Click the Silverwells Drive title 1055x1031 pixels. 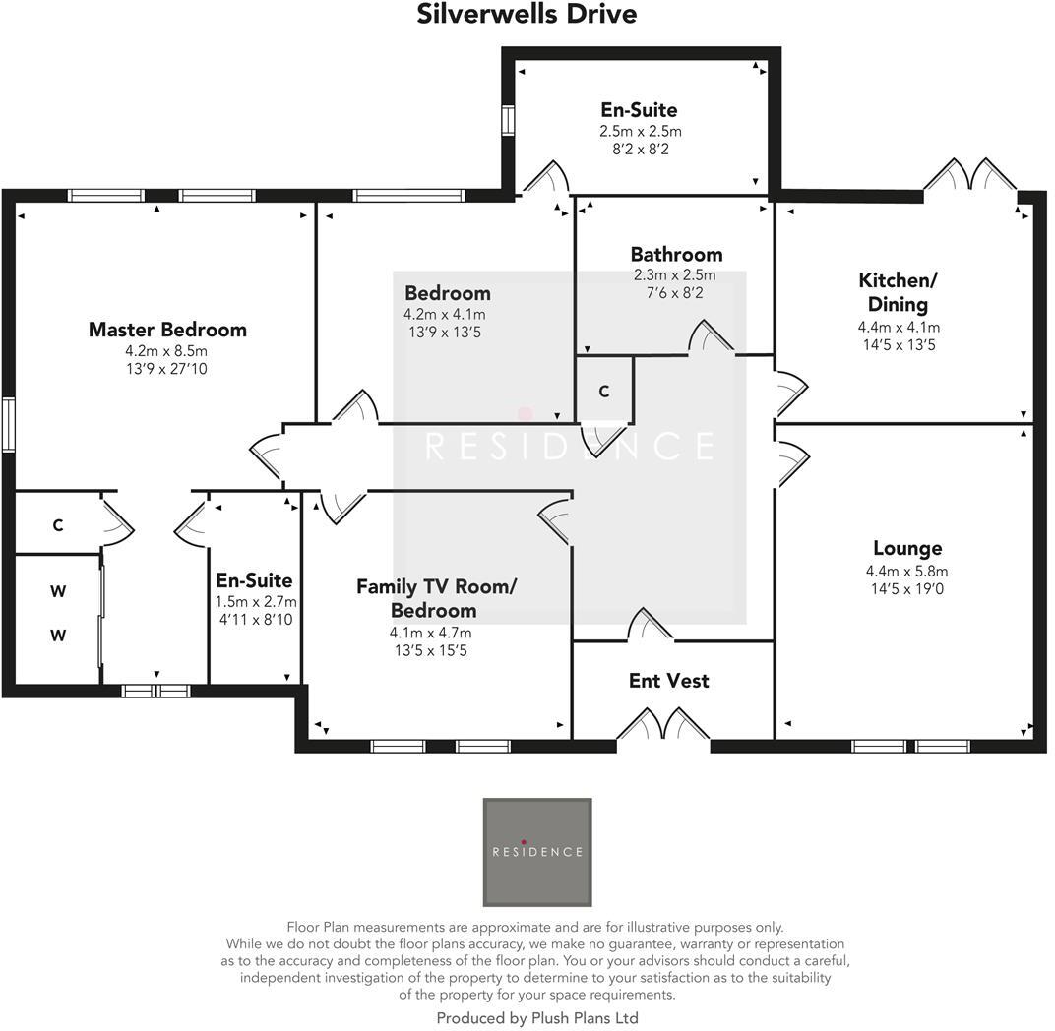point(527,15)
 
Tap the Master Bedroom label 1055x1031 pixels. point(167,330)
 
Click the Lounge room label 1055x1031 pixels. point(906,549)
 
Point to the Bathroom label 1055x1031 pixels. point(676,255)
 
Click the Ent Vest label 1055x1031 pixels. point(668,681)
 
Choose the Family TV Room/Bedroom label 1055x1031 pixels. point(435,598)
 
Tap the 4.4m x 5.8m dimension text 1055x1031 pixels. point(906,572)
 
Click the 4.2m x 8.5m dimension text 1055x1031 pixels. point(166,351)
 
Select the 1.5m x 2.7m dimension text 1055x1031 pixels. point(255,602)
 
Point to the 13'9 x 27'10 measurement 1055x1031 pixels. point(166,369)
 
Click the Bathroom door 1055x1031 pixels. point(711,337)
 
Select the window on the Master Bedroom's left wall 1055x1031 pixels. point(8,424)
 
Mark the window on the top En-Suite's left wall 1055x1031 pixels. point(509,120)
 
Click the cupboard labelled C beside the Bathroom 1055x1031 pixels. point(604,392)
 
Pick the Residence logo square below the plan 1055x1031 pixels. point(536,852)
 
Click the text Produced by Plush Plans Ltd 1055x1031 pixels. point(536,1018)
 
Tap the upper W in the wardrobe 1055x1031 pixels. point(57,592)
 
